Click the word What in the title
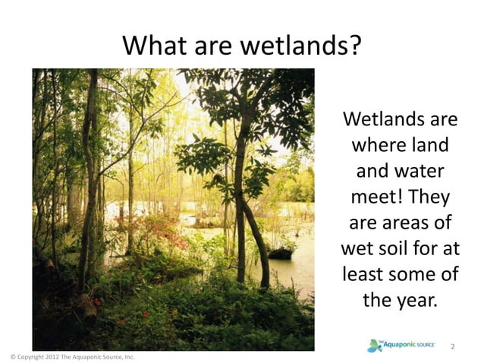pos(150,46)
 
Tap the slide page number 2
pos(453,346)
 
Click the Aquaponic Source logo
pos(401,346)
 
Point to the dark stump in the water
pos(280,252)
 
